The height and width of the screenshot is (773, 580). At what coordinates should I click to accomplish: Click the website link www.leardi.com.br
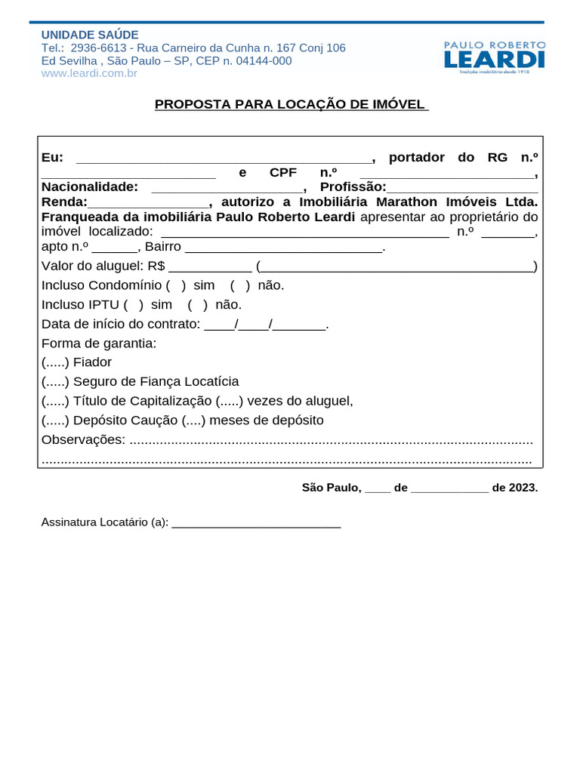tap(89, 73)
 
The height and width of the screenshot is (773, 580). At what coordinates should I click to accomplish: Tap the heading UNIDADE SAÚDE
tap(90, 35)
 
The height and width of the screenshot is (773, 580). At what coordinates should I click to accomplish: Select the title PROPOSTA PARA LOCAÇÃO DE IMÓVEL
tap(292, 104)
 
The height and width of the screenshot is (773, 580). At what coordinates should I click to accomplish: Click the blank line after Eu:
tap(224, 159)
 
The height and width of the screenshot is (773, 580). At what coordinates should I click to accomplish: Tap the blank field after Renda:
tap(149, 203)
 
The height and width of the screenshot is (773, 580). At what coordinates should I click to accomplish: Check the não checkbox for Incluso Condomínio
tap(240, 285)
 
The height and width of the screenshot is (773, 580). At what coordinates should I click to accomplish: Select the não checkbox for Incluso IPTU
tap(197, 305)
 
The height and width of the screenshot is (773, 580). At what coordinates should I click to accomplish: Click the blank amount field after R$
tap(210, 266)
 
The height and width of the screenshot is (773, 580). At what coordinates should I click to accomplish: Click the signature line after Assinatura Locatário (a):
tap(256, 523)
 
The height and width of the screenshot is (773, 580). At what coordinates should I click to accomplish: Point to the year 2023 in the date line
tap(523, 488)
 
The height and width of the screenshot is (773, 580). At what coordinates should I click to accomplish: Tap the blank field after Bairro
tap(284, 248)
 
